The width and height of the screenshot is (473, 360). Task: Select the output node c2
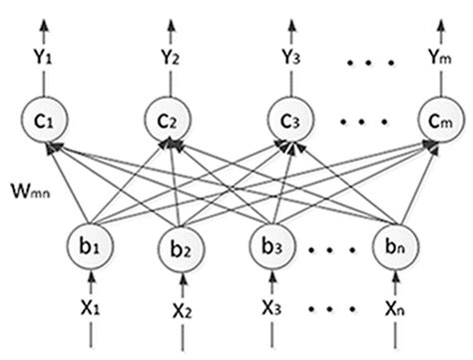coord(167,125)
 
